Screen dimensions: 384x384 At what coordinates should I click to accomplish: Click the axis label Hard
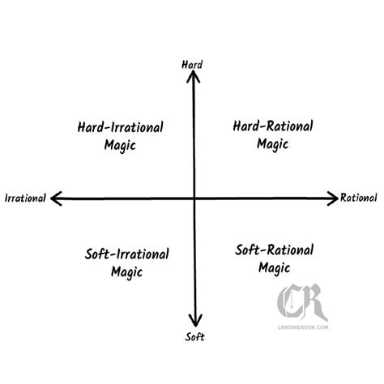tap(192, 65)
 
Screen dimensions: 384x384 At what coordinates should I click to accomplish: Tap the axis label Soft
tap(194, 337)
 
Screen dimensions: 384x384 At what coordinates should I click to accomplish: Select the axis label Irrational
tap(25, 198)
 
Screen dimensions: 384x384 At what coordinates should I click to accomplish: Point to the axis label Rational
tap(358, 198)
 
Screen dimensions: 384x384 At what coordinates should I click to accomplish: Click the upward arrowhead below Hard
tap(193, 75)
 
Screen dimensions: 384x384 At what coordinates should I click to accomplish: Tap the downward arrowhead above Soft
tap(195, 321)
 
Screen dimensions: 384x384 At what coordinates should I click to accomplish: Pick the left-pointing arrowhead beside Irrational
tap(56, 198)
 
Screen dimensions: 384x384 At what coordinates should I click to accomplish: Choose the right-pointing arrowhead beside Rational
tap(333, 198)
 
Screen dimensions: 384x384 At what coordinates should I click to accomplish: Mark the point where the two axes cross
tap(194, 198)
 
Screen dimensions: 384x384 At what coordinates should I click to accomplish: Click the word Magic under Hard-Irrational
tap(120, 146)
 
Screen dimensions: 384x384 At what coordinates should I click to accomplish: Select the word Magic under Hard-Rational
tap(273, 144)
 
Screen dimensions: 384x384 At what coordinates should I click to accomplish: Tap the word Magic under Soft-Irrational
tap(126, 272)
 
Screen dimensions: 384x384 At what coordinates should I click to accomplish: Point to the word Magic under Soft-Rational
tap(275, 268)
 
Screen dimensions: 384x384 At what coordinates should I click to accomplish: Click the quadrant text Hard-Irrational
tap(120, 127)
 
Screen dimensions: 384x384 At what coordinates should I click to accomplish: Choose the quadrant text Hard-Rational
tap(273, 126)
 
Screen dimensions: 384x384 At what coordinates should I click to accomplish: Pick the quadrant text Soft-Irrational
tap(126, 254)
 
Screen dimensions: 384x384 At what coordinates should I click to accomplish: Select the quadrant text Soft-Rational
tap(274, 250)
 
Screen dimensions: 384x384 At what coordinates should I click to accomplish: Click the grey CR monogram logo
tap(302, 302)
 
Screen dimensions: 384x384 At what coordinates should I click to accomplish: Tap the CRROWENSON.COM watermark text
tap(303, 327)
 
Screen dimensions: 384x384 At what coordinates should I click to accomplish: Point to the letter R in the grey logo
tap(314, 301)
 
